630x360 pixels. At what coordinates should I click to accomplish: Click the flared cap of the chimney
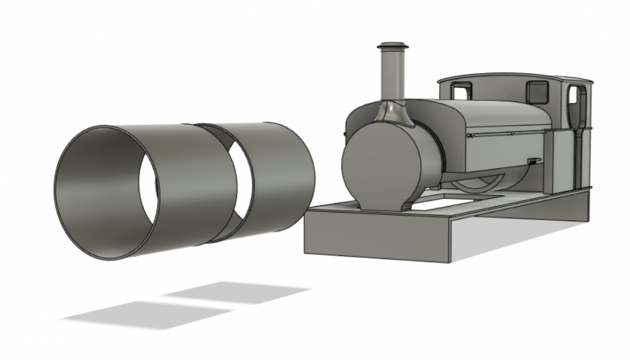392,47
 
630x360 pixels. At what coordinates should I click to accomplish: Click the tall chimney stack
392,76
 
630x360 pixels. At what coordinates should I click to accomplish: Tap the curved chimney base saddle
392,113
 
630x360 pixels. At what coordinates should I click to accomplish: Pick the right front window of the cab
537,91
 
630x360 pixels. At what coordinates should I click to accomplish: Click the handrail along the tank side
504,134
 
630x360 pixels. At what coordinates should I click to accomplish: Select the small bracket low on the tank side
534,161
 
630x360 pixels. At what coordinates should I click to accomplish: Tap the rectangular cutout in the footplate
449,204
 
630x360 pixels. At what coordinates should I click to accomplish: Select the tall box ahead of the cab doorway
556,161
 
